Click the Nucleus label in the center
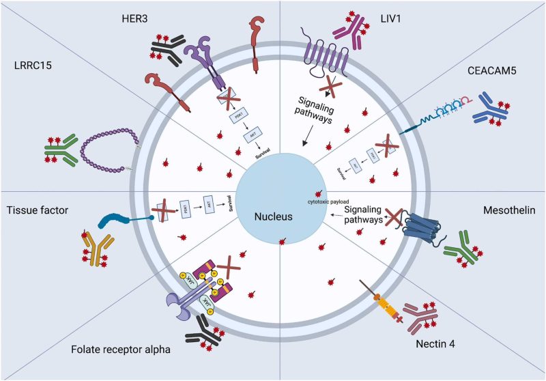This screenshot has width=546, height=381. (x=273, y=218)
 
